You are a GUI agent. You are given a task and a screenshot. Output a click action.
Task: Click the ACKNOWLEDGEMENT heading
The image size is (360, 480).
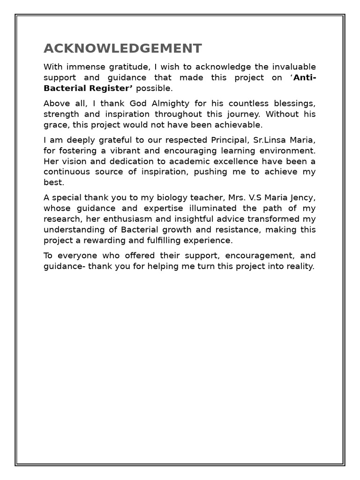click(x=123, y=48)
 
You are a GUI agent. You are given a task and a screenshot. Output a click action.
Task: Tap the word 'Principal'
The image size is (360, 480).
click(x=219, y=140)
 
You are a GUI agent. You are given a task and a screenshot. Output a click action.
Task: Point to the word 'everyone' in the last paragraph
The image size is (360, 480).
click(x=75, y=255)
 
